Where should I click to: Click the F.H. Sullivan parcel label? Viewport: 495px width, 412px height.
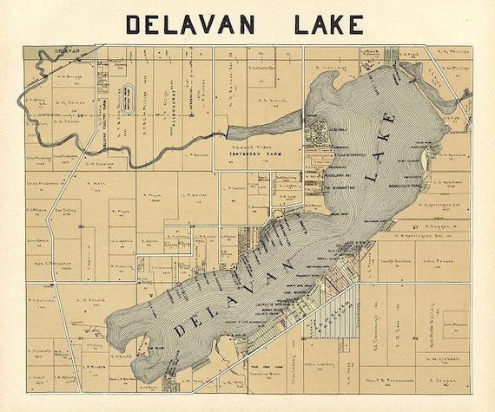pyautogui.click(x=42, y=303)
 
